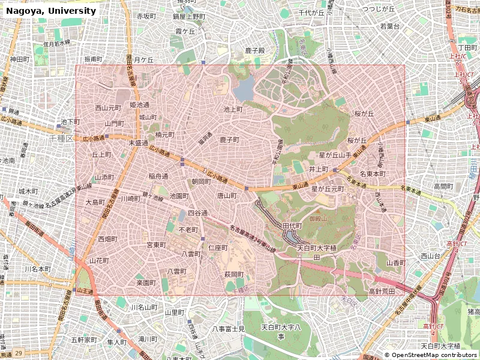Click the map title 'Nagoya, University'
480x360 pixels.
(x=51, y=11)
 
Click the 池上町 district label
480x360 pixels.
(x=233, y=109)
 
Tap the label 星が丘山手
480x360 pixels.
(x=329, y=155)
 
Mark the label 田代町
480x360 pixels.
(x=292, y=226)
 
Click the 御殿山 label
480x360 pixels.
(x=318, y=219)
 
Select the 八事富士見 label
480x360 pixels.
(x=229, y=329)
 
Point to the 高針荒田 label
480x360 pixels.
(x=382, y=291)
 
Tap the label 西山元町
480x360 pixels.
(x=108, y=108)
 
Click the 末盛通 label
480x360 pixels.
(x=138, y=143)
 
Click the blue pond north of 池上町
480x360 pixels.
(x=244, y=91)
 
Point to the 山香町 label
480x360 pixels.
(x=396, y=263)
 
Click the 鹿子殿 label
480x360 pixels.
(x=254, y=50)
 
